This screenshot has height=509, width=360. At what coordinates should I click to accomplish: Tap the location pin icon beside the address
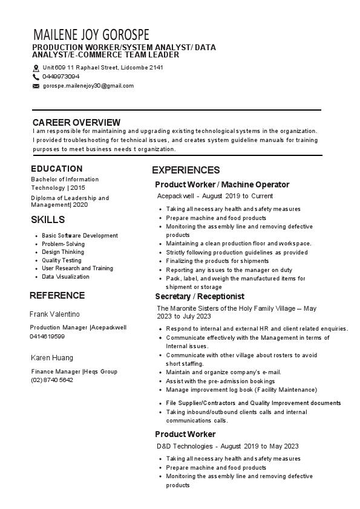(x=36, y=68)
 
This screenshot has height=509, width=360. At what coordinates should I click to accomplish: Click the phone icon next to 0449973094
(x=36, y=77)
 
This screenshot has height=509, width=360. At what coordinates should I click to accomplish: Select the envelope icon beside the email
(x=36, y=86)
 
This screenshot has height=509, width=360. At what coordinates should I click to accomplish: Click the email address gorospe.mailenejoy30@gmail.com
(x=88, y=86)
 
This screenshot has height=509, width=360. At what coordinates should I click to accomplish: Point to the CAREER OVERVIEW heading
(x=76, y=122)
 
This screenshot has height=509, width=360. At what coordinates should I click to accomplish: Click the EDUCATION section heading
(x=57, y=169)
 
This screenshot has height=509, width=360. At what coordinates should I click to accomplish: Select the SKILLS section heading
(x=48, y=219)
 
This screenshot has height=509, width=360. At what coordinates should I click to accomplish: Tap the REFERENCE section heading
(x=57, y=296)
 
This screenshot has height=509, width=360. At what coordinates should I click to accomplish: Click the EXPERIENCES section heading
(x=186, y=170)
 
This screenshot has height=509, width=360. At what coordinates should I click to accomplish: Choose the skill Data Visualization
(x=65, y=277)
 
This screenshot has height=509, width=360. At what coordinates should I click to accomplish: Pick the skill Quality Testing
(x=62, y=261)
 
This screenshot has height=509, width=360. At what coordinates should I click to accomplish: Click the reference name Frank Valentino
(x=55, y=314)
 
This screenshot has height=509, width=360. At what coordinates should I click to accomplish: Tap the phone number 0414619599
(x=47, y=336)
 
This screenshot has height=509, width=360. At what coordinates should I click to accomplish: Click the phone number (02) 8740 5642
(x=52, y=380)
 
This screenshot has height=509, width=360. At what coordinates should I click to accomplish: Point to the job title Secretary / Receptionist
(x=200, y=297)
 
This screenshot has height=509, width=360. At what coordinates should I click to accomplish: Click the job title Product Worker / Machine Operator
(x=222, y=184)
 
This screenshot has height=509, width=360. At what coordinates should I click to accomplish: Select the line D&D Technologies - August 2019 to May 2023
(x=227, y=446)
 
